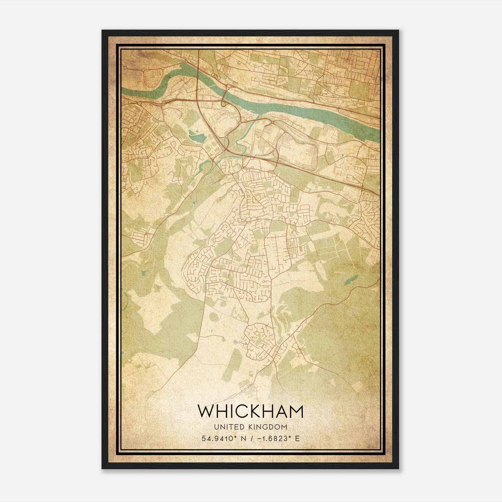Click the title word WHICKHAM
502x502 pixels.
[250, 411]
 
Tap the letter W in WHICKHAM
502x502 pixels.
[206, 411]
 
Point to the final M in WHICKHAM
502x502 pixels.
[295, 411]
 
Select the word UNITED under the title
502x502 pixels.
[227, 427]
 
